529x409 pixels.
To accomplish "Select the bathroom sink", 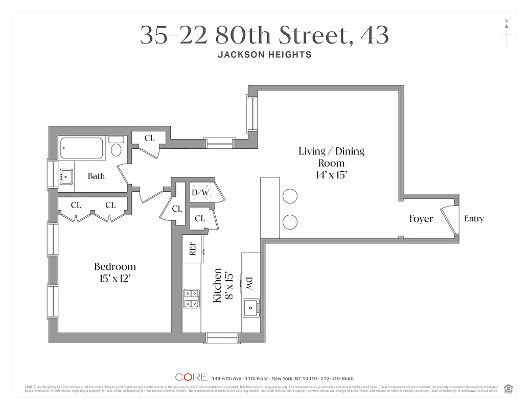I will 66,177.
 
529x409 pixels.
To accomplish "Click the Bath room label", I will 96,176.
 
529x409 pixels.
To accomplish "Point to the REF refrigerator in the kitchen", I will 193,249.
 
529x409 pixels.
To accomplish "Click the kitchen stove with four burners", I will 191,299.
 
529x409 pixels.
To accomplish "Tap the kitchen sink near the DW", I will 250,308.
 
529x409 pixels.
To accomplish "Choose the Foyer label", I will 421,219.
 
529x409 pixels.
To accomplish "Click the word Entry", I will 474,219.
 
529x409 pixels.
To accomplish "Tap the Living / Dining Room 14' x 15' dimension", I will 331,175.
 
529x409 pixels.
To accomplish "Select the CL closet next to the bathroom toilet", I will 149,138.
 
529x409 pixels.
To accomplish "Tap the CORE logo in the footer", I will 191,377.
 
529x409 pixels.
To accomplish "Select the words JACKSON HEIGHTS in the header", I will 264,55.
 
